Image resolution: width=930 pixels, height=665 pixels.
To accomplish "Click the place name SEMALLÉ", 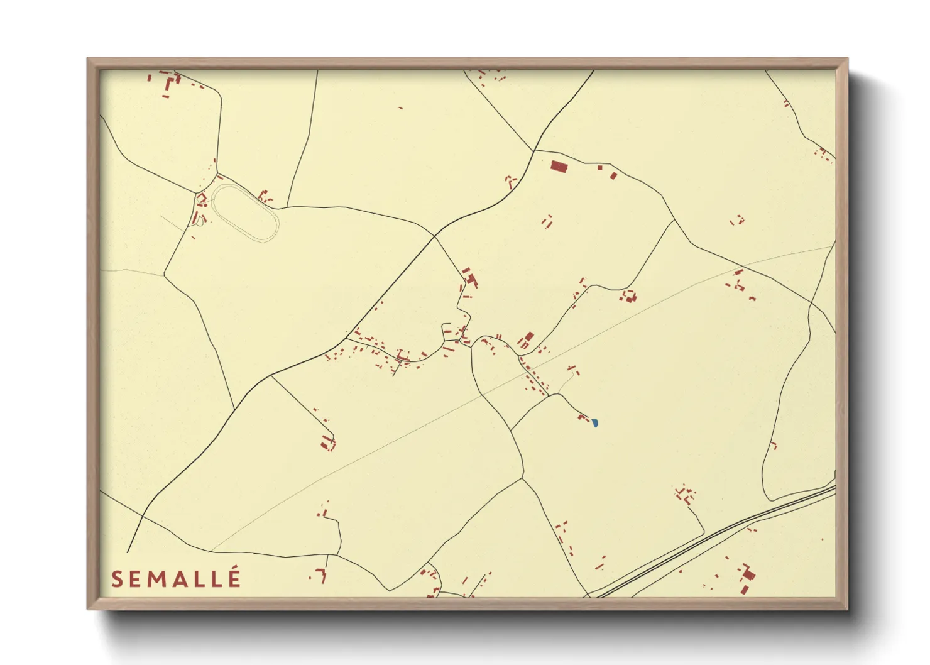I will point(176,579).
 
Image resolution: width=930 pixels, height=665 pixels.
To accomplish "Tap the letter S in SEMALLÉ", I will point(117,580).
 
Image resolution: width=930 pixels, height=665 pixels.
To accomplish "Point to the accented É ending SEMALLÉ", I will point(234,578).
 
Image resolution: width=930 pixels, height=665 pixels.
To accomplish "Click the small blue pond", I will point(594,424).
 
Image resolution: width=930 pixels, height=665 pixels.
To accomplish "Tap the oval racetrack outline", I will point(246,212).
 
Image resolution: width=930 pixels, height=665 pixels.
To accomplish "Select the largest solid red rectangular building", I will point(559,167).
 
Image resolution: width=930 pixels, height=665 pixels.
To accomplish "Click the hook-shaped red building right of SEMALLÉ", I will point(322,574).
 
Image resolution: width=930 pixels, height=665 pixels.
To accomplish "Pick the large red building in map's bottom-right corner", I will point(748,575).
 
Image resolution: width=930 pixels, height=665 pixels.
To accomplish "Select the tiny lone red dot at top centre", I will point(401,108).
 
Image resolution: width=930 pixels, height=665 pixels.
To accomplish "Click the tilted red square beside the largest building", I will point(613,175).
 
